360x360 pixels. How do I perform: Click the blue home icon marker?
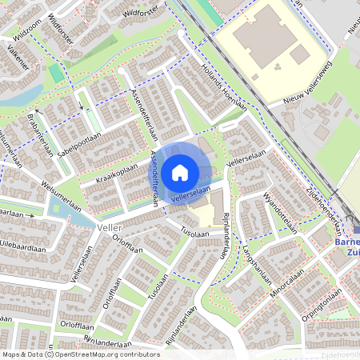[180, 171]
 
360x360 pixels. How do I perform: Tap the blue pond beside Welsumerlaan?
[60, 209]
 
